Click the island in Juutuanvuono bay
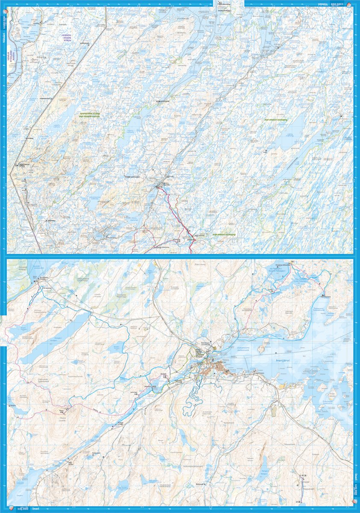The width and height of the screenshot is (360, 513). (263, 345)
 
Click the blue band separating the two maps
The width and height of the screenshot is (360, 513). (180, 256)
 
